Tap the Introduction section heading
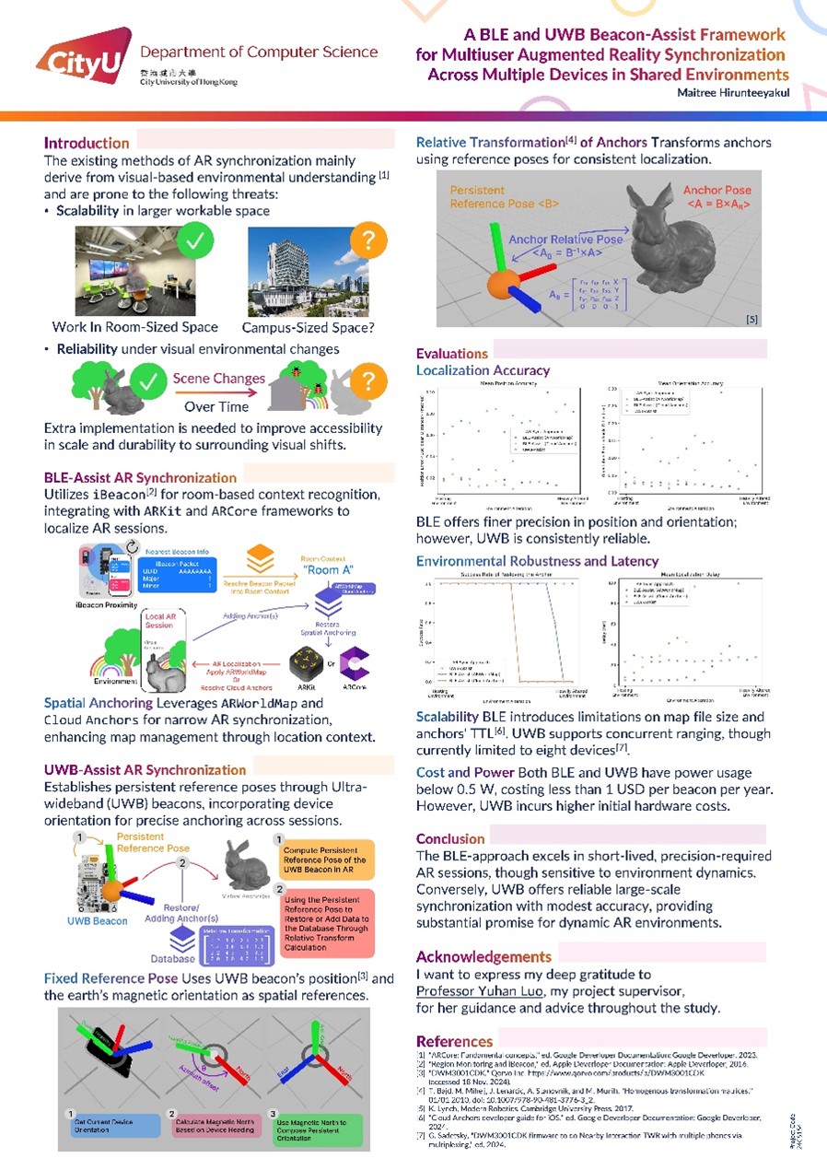tap(87, 143)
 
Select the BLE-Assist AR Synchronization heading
tap(140, 477)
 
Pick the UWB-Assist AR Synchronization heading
tap(146, 769)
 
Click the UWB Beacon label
tap(98, 920)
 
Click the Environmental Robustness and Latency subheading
tap(537, 560)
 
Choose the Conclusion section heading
tap(449, 838)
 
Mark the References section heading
tap(454, 1041)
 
